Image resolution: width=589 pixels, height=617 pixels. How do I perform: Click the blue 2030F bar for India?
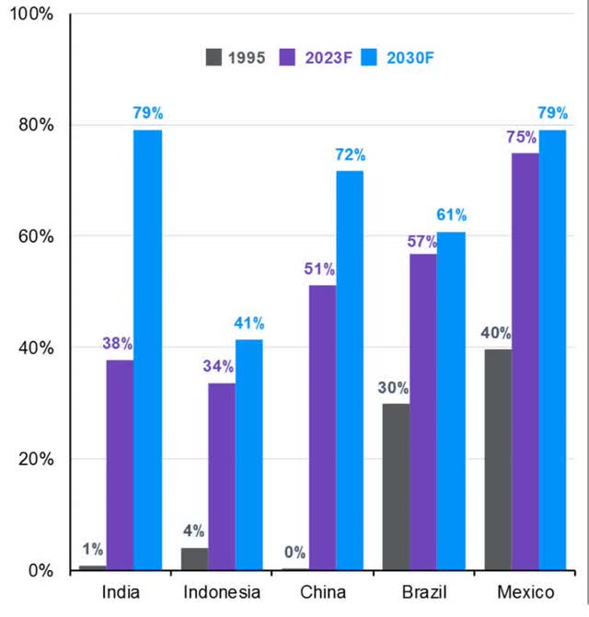click(147, 349)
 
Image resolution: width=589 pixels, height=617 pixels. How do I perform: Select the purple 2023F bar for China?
click(322, 428)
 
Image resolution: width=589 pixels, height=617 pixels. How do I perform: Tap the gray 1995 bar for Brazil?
click(396, 486)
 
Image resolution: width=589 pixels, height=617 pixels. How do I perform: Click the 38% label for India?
click(118, 344)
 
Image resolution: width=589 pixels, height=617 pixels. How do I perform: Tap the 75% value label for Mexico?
click(523, 137)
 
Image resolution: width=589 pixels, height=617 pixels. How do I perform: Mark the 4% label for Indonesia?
click(193, 531)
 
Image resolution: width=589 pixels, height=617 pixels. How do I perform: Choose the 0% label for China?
click(294, 553)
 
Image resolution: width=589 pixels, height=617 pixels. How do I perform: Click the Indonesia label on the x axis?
click(222, 592)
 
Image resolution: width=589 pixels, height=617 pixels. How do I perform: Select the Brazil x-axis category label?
click(424, 592)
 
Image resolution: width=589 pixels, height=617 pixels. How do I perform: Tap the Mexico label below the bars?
click(525, 592)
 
